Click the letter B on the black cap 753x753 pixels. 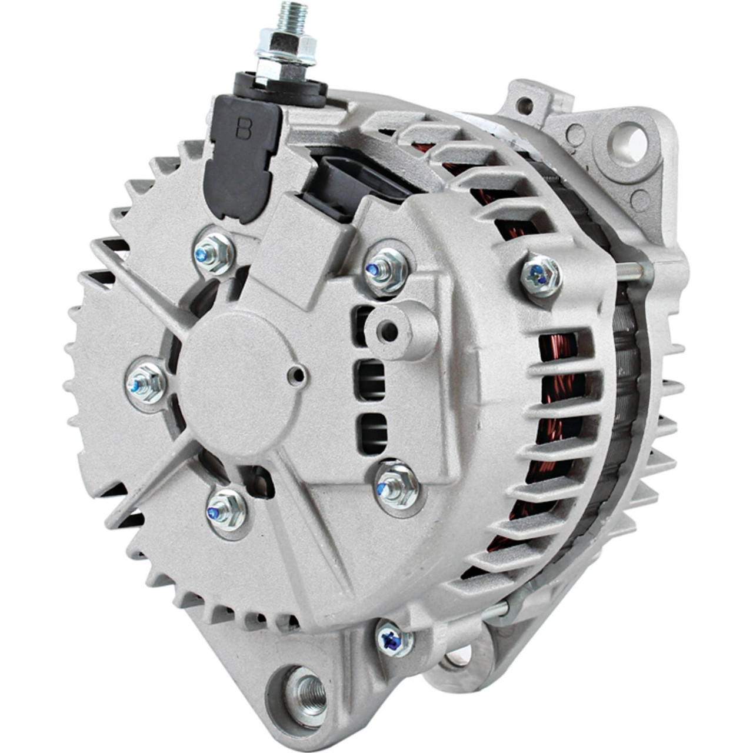tap(244, 128)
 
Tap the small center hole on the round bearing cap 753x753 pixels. tap(298, 376)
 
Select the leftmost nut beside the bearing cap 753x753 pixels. tap(146, 383)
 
